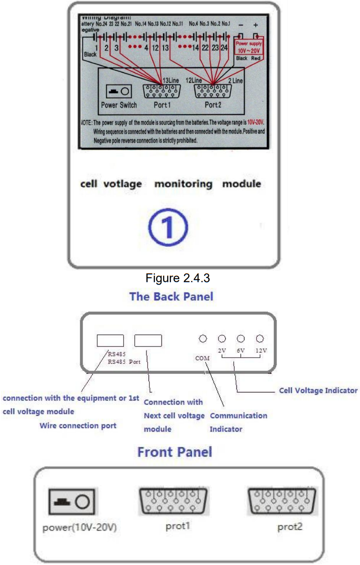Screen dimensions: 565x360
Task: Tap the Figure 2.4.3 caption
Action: (178, 278)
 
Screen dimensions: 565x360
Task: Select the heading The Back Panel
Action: (171, 296)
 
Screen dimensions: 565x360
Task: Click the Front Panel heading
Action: (174, 452)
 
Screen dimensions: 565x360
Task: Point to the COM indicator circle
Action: (203, 339)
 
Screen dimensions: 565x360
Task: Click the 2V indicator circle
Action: (222, 339)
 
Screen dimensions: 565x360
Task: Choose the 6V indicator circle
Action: (241, 339)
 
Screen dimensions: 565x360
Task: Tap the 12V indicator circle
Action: (260, 339)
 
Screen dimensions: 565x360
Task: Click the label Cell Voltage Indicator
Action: (318, 390)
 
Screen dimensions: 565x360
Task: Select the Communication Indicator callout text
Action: (238, 422)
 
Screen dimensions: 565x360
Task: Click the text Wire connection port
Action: (78, 425)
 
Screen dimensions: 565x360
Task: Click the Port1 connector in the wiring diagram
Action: (159, 91)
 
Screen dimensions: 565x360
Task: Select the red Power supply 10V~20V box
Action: (248, 48)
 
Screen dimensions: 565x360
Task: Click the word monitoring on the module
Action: (183, 184)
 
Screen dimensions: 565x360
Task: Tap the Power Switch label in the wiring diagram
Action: (119, 105)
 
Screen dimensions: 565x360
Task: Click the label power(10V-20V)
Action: (80, 528)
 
